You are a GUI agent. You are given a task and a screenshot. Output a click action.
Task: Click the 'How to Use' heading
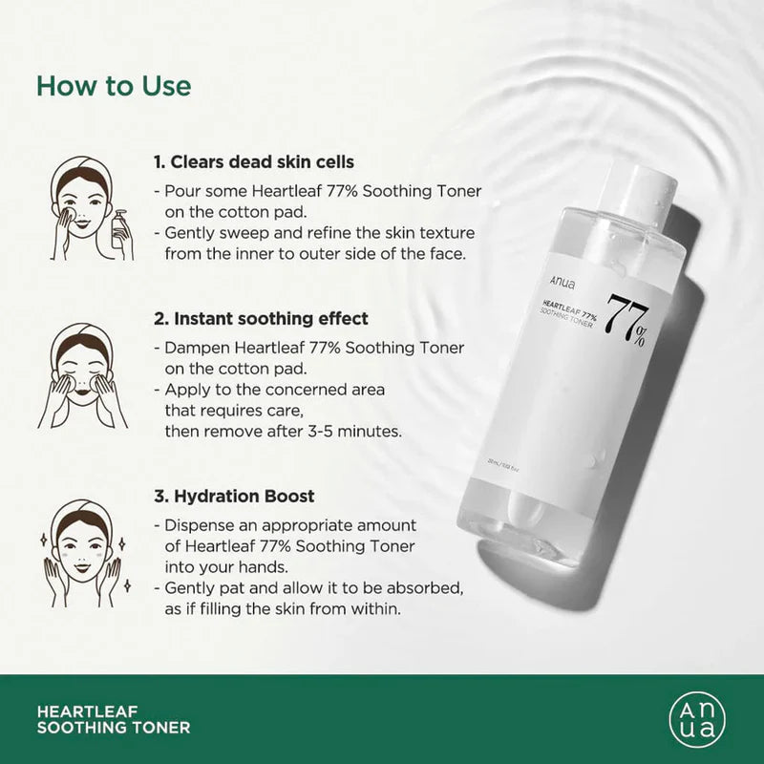point(114,84)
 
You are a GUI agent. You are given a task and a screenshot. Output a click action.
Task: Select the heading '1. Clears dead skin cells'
point(254,162)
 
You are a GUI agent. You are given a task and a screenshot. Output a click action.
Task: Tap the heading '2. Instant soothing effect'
point(261,318)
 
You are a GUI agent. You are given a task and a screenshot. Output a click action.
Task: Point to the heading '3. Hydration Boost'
point(234,497)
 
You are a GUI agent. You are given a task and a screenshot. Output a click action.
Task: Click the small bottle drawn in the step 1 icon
point(117,229)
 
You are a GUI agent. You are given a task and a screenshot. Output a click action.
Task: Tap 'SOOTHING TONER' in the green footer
point(113,728)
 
